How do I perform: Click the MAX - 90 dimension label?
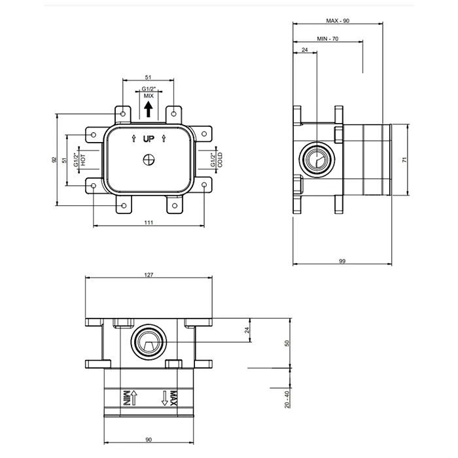coord(337,22)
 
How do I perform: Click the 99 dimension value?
coord(342,261)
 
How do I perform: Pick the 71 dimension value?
coord(405,159)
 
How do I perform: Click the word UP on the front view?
coord(149,139)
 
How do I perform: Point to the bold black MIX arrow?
coord(149,108)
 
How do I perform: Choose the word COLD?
coord(220,160)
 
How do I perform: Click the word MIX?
coord(149,96)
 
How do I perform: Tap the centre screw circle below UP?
coord(149,158)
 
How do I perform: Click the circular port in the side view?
coord(317,158)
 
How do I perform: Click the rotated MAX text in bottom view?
coord(173,397)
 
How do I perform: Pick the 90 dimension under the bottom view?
coord(149,440)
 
